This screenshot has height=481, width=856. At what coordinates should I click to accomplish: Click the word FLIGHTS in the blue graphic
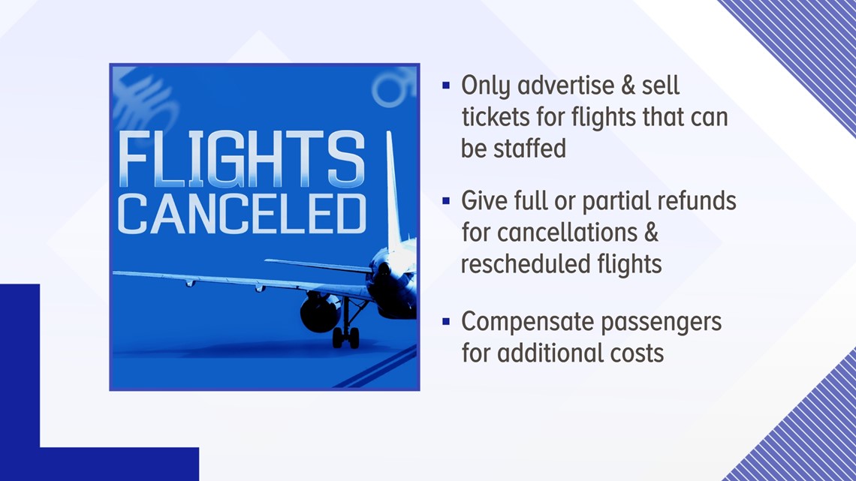[241, 159]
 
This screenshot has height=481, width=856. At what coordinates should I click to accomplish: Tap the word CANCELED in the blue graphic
[242, 215]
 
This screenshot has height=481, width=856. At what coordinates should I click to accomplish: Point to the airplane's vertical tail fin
[393, 191]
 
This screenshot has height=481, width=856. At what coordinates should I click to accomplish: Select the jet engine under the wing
[320, 312]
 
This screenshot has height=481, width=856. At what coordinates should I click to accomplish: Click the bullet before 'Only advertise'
[446, 85]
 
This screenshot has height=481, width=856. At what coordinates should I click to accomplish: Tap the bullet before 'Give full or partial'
[446, 200]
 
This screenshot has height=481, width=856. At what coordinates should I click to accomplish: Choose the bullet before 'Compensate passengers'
[446, 321]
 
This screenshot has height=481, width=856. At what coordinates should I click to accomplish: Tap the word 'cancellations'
[567, 233]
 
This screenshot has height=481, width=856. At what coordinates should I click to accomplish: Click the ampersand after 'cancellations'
[651, 233]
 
